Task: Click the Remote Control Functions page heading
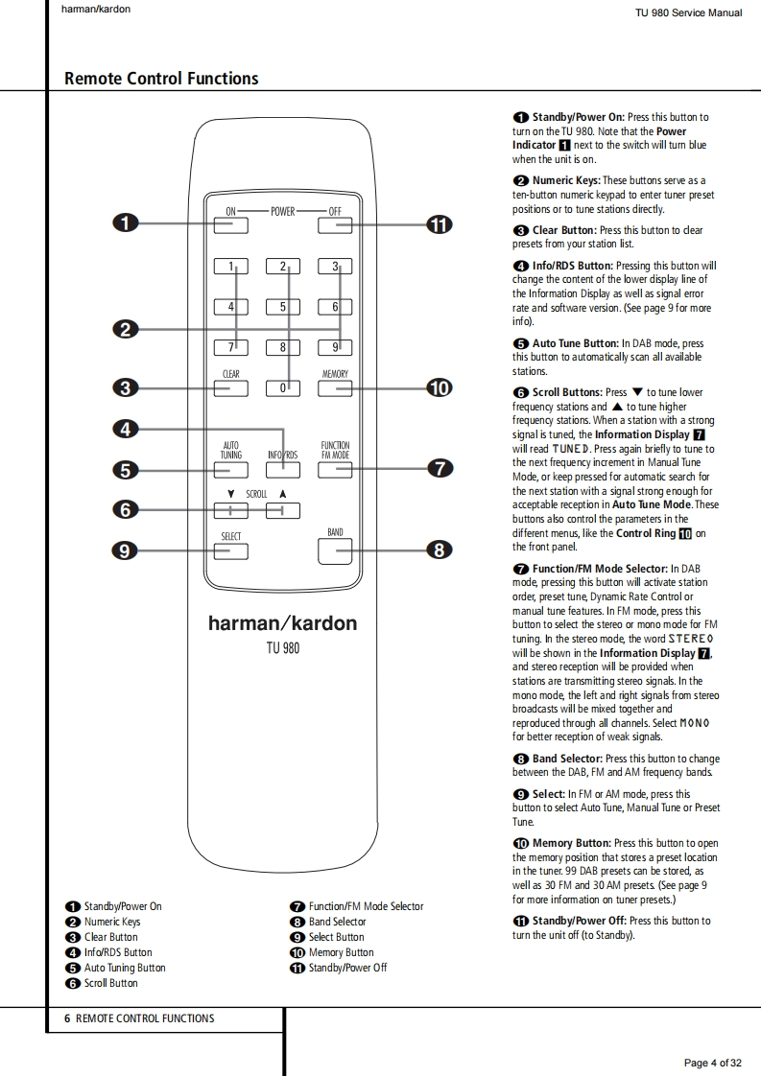(161, 79)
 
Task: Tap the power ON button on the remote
(230, 225)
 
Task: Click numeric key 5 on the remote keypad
(283, 307)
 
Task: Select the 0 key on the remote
(283, 388)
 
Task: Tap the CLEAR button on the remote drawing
(230, 388)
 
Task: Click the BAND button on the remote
(335, 550)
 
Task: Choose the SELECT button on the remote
(230, 551)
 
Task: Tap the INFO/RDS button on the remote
(283, 470)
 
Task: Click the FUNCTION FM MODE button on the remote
(335, 470)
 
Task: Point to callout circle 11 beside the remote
(439, 225)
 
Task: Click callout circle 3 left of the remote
(125, 388)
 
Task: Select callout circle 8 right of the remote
(439, 550)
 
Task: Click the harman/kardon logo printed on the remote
(282, 623)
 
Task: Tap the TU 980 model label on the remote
(283, 648)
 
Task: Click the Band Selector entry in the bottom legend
(337, 922)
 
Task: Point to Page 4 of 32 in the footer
(712, 1063)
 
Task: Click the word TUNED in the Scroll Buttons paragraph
(571, 449)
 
